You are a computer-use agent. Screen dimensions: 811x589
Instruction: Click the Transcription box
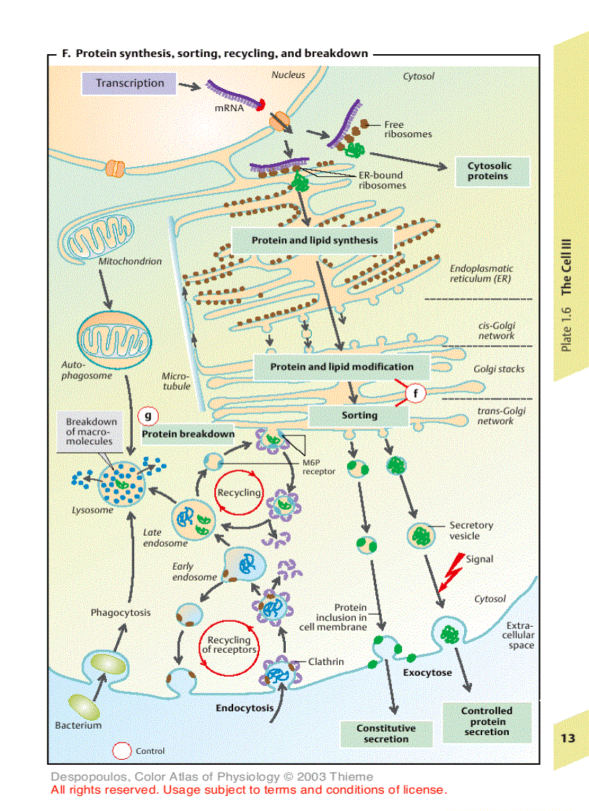click(130, 83)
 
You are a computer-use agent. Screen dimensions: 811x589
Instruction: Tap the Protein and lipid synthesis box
click(314, 240)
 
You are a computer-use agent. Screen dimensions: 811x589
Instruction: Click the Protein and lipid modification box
click(341, 367)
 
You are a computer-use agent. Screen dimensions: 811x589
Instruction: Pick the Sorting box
click(359, 416)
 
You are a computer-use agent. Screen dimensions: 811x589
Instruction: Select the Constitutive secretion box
click(386, 734)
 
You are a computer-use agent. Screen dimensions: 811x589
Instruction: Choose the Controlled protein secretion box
click(487, 721)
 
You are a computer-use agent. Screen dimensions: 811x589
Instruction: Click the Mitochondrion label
click(130, 261)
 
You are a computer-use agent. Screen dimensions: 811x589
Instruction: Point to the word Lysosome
click(92, 510)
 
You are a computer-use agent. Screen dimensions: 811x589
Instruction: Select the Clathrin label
click(326, 662)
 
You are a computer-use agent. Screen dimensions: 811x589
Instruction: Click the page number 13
click(567, 738)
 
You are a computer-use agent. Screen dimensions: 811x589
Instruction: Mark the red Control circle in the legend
click(123, 751)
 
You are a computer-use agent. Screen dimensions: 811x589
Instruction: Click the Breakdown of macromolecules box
click(90, 431)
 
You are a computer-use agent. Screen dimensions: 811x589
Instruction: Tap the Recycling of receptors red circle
click(229, 645)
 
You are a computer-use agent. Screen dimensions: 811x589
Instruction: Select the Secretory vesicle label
click(471, 531)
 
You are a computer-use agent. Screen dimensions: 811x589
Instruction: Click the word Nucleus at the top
click(288, 74)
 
